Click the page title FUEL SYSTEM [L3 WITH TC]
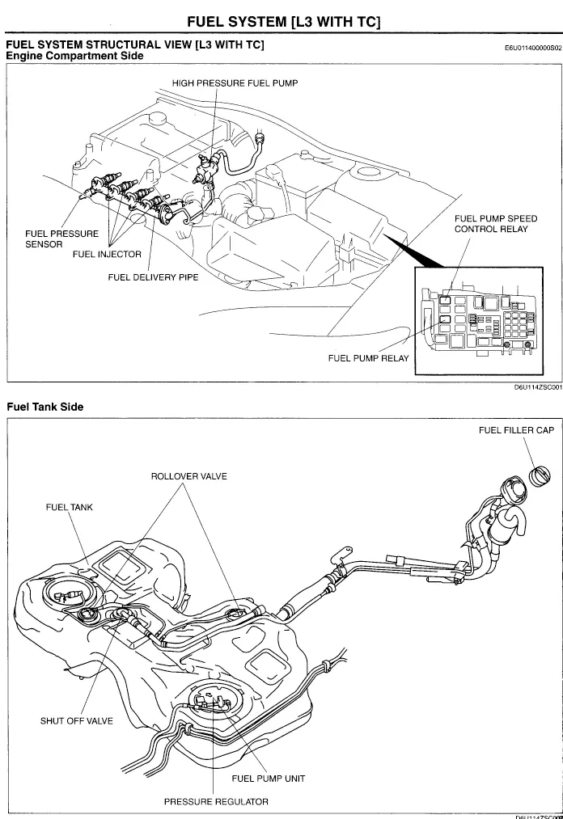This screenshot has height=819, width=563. (281, 22)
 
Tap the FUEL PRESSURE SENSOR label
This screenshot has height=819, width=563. (62, 239)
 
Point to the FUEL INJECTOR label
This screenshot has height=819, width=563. (107, 255)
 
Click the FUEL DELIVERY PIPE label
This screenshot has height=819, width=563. (153, 276)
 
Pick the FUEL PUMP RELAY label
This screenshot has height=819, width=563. (368, 358)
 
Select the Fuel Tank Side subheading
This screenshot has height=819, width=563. (45, 407)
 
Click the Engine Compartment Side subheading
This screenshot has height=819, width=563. (74, 56)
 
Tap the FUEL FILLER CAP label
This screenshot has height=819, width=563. (516, 431)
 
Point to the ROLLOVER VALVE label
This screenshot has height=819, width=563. (189, 476)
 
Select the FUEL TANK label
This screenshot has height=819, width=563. (69, 508)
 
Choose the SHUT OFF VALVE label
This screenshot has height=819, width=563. (76, 720)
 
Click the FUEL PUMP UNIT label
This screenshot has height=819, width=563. (269, 779)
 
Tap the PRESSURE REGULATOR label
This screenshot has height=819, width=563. (216, 802)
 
